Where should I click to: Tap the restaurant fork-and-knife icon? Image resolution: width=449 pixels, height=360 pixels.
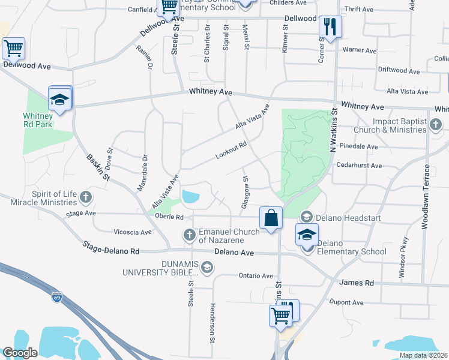330,26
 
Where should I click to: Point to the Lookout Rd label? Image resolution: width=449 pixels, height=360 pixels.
231,151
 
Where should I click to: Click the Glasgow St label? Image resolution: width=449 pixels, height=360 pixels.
245,192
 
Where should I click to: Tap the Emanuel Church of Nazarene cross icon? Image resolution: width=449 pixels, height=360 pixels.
189,235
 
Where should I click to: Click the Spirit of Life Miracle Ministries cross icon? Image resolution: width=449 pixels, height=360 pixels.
86,197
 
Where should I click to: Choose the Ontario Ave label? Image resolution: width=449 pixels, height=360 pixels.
256,276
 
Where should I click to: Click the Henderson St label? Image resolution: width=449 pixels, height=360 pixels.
212,322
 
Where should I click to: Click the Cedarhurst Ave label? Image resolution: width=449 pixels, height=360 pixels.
359,166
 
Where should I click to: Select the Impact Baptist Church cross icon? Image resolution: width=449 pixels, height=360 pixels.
436,125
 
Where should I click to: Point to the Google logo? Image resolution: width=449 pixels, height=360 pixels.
20,353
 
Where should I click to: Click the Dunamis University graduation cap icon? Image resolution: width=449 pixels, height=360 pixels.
207,267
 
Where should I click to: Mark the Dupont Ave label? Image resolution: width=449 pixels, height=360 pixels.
345,303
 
